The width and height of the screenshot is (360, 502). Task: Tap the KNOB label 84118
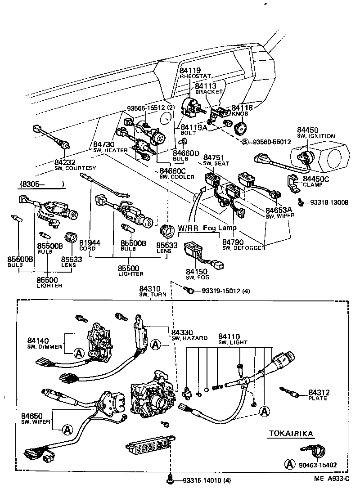click(x=242, y=108)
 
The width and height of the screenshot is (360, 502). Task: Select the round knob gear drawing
click(x=241, y=129)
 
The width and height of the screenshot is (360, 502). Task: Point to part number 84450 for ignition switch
click(x=307, y=130)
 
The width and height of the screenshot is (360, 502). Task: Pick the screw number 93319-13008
click(x=329, y=202)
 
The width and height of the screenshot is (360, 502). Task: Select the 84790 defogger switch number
click(x=233, y=242)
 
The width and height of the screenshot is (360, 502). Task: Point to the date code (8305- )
click(x=41, y=184)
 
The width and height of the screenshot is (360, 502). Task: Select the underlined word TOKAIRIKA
click(x=291, y=434)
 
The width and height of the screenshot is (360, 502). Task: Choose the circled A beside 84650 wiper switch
click(x=67, y=430)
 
